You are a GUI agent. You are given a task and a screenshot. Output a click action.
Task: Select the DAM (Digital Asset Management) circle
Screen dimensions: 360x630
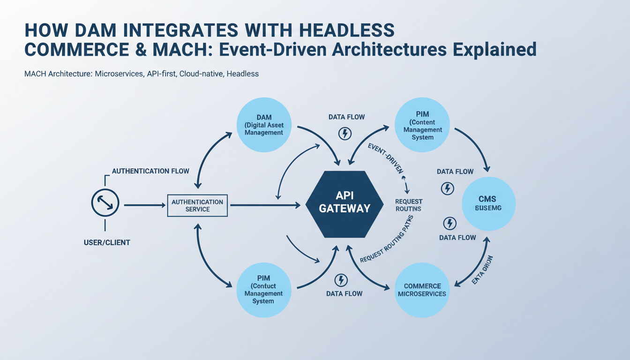264,125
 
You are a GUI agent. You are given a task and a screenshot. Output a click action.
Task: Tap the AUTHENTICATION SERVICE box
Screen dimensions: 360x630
197,205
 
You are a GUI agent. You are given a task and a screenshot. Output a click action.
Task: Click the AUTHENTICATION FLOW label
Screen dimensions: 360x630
150,171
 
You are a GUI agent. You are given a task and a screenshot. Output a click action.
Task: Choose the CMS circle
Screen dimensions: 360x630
488,203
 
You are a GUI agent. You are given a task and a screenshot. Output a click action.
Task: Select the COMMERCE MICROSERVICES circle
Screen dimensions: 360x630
422,290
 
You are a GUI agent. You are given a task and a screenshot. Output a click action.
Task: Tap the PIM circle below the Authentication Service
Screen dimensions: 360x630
263,289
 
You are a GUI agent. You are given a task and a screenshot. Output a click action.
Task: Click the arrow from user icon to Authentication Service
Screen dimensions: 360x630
143,205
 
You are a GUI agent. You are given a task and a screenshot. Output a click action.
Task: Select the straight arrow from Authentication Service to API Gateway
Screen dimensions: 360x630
265,205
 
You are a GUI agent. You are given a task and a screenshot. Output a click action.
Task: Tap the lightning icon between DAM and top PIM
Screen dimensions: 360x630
345,134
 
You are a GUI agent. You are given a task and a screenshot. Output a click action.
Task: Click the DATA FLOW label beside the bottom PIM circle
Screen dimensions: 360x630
344,294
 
